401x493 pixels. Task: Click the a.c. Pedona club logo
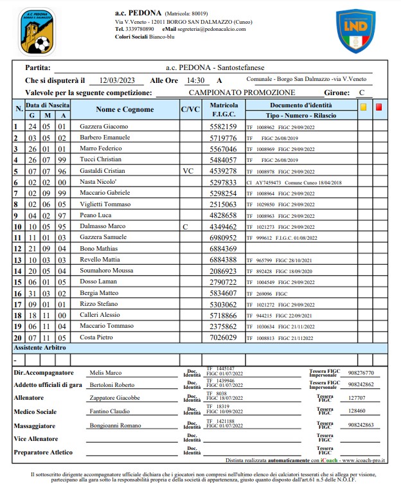37,31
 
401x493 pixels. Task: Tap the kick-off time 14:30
195,80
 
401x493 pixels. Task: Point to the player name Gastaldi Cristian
103,171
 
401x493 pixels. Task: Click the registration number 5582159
224,127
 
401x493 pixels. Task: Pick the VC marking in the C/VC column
188,171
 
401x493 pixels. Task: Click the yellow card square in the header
363,108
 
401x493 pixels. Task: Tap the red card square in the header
379,108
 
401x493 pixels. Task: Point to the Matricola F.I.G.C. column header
224,109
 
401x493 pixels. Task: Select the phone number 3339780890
139,29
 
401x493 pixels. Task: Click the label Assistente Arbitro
40,347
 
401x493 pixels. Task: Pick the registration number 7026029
224,337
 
